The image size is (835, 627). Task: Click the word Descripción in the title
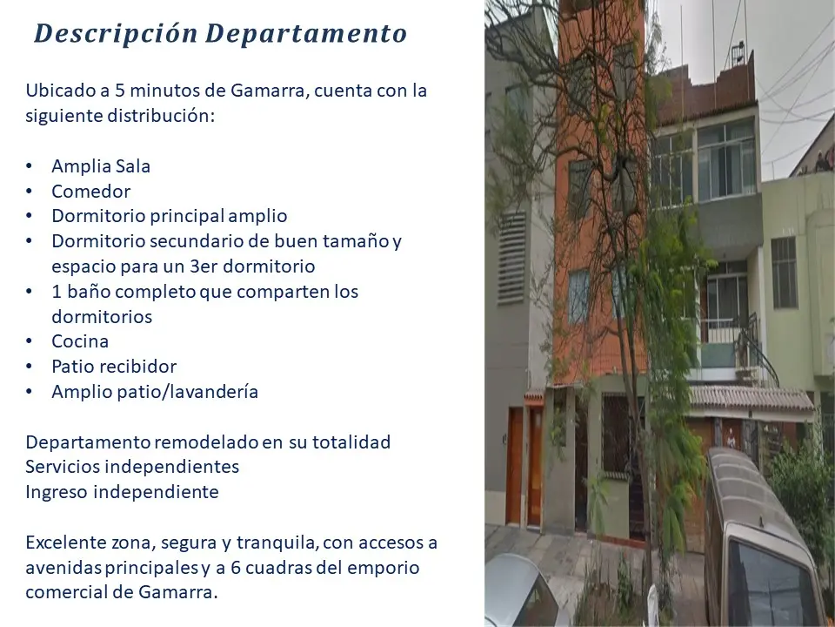116,33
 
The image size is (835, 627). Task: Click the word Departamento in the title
306,33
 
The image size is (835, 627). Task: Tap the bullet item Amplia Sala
101,166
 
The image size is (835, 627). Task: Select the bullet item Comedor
91,192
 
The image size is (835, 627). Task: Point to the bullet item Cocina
80,341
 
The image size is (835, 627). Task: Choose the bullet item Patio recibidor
114,367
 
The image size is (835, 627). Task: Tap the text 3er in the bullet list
204,266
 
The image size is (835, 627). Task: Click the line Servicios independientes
132,467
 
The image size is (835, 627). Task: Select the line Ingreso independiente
122,491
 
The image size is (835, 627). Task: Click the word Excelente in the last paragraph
65,543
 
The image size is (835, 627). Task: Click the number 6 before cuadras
236,568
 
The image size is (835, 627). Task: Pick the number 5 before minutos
120,91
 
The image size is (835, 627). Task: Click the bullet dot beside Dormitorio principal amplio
30,216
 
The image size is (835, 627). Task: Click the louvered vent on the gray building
511,258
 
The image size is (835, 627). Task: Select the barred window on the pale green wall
784,273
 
